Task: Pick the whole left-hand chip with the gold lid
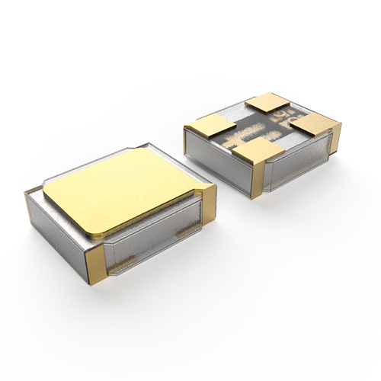(122, 210)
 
